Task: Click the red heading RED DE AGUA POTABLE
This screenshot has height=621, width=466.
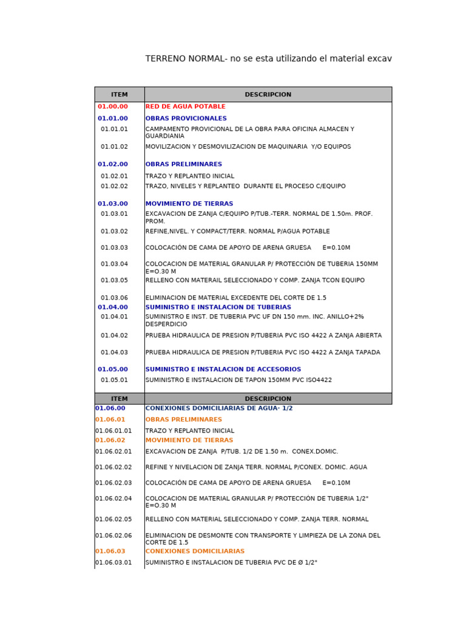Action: coord(177,107)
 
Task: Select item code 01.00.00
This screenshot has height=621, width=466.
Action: coord(113,107)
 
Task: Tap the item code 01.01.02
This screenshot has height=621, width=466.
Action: coord(114,147)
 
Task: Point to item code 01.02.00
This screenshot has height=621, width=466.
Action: coord(113,164)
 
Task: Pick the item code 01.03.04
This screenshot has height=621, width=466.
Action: coord(114,264)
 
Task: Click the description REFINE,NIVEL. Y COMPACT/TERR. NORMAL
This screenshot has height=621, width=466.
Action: coord(237,232)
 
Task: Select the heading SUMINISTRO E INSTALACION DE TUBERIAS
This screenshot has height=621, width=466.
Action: coord(218,307)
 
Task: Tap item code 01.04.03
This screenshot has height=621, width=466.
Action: coord(114,352)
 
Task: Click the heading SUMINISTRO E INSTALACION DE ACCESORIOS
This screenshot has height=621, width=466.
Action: coord(223,369)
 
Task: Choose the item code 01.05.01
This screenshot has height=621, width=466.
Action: coord(114,380)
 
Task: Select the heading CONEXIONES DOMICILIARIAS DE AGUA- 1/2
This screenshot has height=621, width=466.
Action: coord(218,409)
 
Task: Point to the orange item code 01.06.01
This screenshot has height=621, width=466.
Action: coord(110,420)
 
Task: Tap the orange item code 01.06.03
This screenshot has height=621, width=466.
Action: coord(110,551)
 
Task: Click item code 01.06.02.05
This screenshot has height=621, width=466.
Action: coord(113,520)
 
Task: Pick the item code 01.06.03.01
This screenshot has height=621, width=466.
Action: coord(113,563)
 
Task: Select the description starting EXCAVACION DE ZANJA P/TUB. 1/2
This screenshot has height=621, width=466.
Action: coord(241,452)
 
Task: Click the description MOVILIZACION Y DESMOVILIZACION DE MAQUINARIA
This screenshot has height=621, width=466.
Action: coord(248,147)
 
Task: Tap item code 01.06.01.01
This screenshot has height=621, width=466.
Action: coord(113,431)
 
